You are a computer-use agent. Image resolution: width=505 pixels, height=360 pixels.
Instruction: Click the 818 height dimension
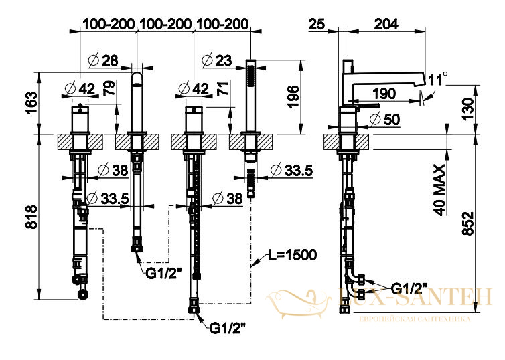click(32, 217)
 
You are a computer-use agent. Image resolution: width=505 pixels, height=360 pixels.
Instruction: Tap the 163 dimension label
click(32, 103)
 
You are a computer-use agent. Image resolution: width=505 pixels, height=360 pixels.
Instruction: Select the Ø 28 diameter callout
click(103, 60)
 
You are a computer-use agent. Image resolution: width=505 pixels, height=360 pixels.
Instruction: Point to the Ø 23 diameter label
click(217, 60)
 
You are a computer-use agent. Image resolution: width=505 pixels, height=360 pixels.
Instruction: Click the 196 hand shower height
click(293, 96)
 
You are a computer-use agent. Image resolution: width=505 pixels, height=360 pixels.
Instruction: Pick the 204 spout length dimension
click(386, 25)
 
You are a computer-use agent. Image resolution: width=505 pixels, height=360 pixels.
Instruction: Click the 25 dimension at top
click(317, 25)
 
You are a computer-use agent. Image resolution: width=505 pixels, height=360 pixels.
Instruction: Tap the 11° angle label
click(438, 79)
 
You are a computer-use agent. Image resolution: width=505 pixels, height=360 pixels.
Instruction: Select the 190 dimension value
click(384, 94)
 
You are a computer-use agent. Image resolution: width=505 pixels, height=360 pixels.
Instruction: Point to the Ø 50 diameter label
click(385, 120)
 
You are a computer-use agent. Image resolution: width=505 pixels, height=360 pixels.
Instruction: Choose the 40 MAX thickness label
click(439, 190)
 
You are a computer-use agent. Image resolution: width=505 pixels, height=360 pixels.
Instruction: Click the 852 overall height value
click(468, 223)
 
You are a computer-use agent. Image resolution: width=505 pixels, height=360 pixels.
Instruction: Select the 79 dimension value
click(109, 88)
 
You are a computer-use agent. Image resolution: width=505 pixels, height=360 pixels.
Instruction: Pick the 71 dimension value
click(224, 89)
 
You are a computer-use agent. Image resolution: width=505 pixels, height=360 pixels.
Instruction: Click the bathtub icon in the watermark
click(298, 302)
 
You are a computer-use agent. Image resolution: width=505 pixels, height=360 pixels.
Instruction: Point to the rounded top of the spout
click(137, 77)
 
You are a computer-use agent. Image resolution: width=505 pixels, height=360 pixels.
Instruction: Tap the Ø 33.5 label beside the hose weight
click(292, 171)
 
